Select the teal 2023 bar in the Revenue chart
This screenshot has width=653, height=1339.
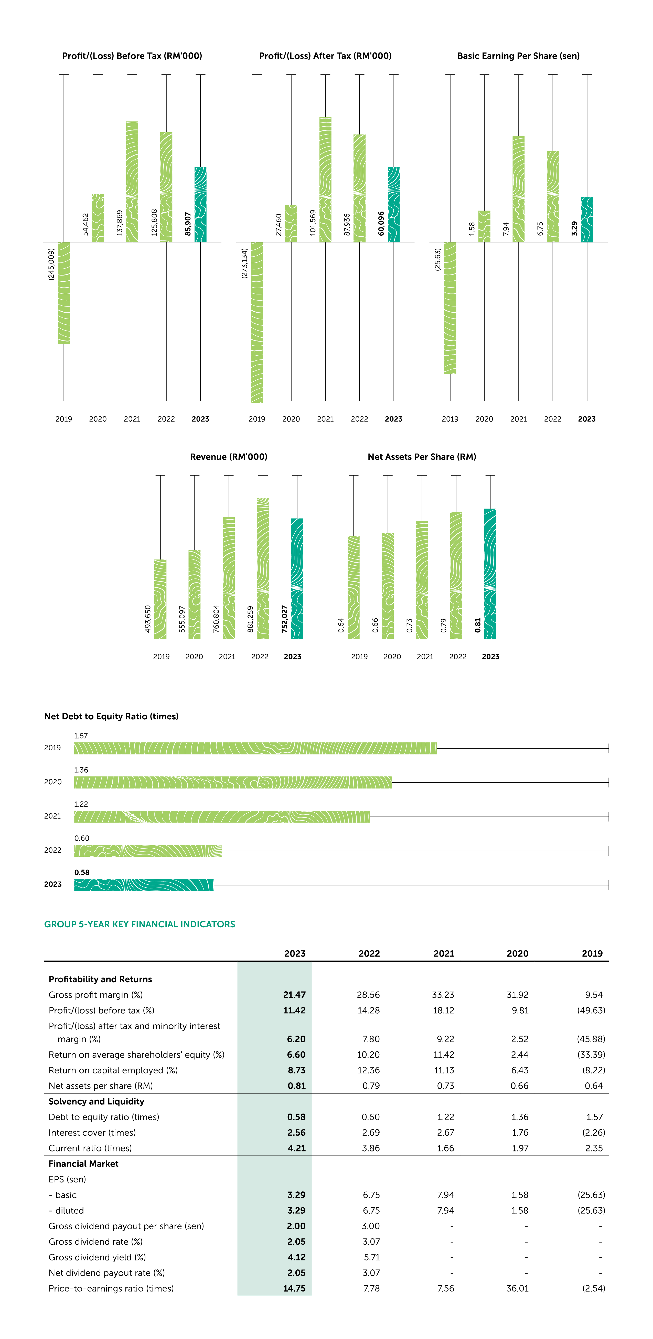click(297, 578)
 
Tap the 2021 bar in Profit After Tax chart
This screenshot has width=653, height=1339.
click(325, 179)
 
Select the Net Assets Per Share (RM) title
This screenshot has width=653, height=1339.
click(422, 457)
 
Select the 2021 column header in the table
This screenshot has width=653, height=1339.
click(443, 953)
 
